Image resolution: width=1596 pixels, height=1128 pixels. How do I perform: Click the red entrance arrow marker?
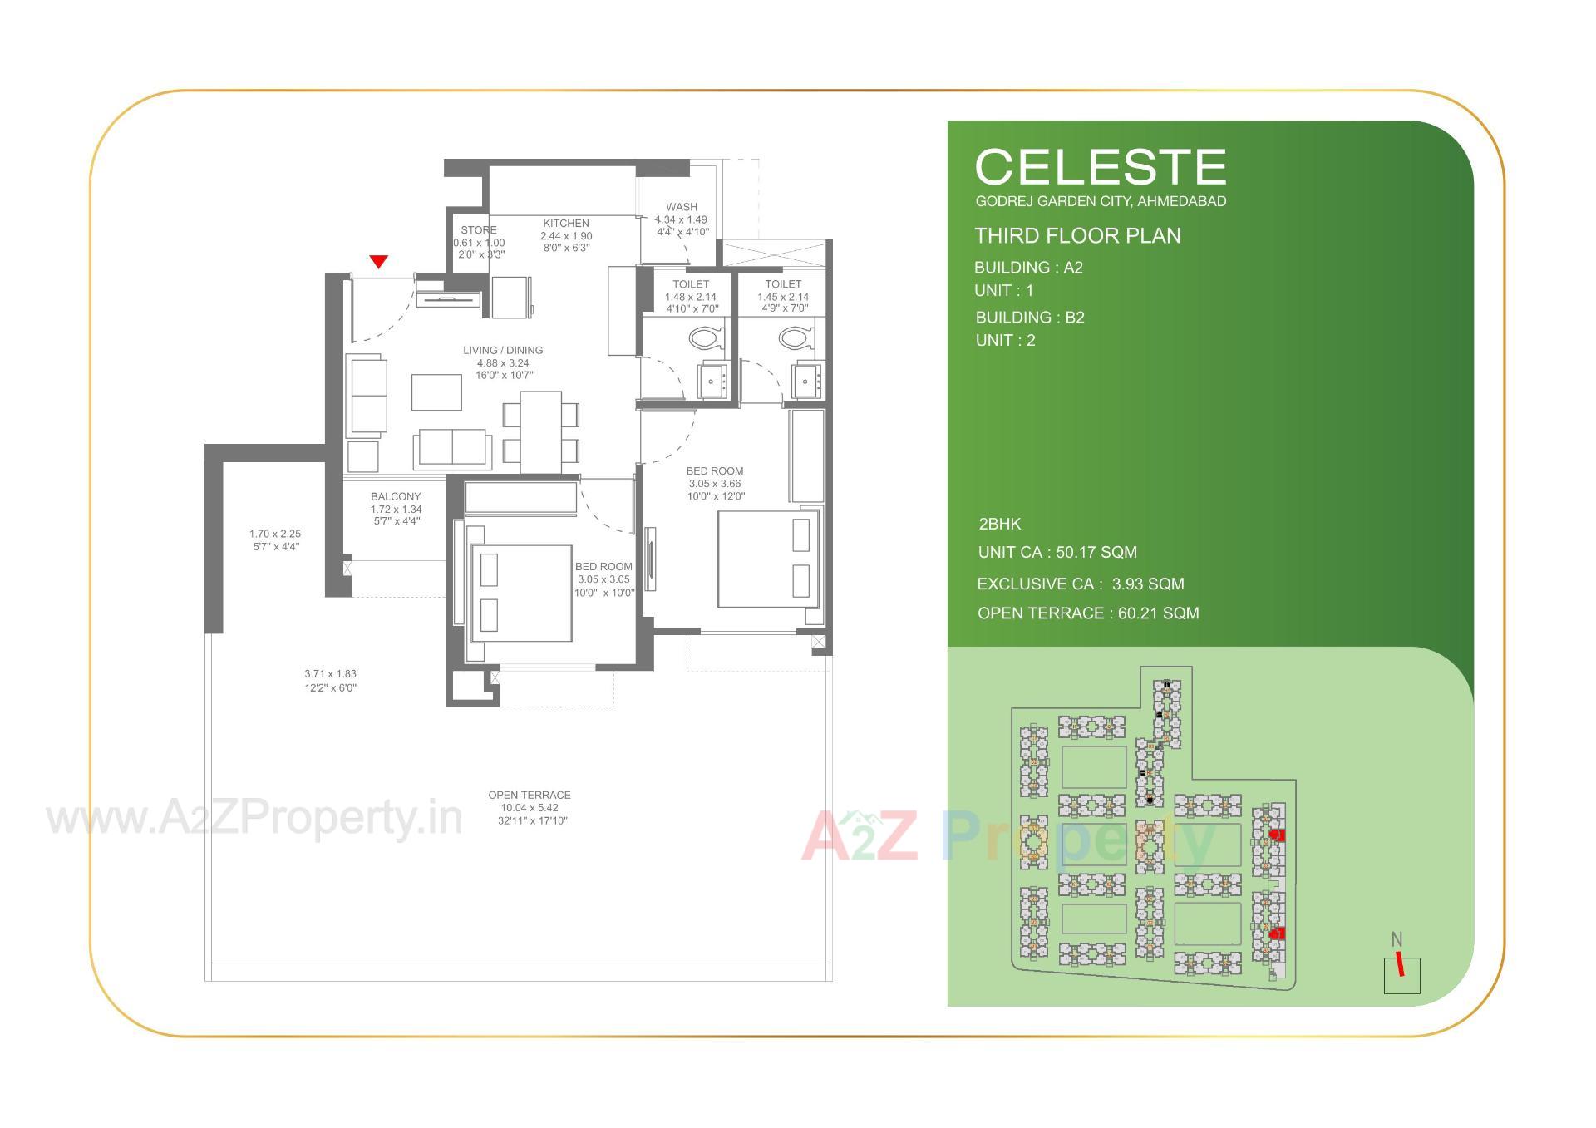(x=378, y=262)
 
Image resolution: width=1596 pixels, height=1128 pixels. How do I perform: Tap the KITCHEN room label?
(x=566, y=224)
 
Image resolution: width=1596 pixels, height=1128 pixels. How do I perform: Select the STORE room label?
(x=479, y=230)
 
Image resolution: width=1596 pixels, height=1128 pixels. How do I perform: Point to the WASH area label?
(x=682, y=207)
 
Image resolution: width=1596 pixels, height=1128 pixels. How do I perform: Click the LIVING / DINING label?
(x=503, y=351)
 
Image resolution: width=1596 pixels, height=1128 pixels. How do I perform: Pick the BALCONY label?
(x=396, y=497)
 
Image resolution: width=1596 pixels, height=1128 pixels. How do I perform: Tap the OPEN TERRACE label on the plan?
(x=530, y=796)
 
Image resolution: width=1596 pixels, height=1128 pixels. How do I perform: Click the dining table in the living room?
(x=540, y=431)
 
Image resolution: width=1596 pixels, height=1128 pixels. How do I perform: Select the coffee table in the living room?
(x=436, y=392)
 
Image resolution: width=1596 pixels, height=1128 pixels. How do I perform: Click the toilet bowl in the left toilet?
(x=706, y=338)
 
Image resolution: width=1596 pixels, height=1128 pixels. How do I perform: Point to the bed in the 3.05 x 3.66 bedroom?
(x=766, y=559)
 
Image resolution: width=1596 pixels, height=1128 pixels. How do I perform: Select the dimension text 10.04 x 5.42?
(x=530, y=808)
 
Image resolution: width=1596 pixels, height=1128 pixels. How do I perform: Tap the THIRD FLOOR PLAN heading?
(x=1077, y=236)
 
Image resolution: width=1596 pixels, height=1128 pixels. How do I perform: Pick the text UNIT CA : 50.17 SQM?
(x=1057, y=553)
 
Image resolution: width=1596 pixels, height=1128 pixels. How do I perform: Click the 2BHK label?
(x=1000, y=525)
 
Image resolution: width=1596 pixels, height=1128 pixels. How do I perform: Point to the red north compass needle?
(x=1400, y=964)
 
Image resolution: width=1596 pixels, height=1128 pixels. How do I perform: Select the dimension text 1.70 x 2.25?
(x=275, y=534)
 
